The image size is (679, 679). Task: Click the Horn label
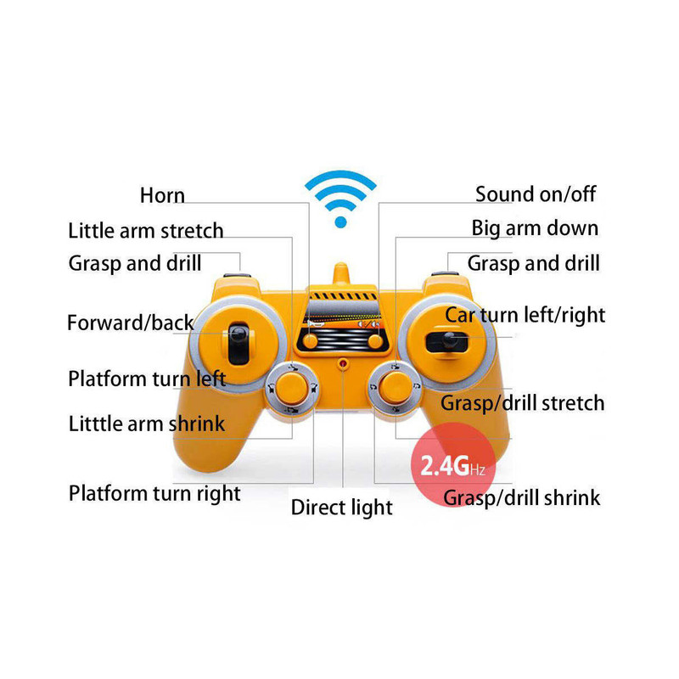[x=162, y=196]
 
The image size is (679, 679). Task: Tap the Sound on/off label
[x=536, y=194]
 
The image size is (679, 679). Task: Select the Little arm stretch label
[x=146, y=231]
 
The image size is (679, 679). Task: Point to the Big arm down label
[x=535, y=228]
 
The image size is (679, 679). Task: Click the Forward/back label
[x=131, y=323]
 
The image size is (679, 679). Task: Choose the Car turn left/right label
[x=525, y=316]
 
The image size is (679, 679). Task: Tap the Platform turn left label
[x=147, y=379]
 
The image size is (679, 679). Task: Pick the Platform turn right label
[x=154, y=493]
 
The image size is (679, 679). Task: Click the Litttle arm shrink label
[x=147, y=423]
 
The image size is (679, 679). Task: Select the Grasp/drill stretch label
[x=522, y=402]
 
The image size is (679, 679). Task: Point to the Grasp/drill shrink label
[x=522, y=497]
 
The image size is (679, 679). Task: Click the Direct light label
[x=342, y=508]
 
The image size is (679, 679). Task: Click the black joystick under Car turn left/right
[x=445, y=341]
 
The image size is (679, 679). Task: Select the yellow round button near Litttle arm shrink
[x=293, y=390]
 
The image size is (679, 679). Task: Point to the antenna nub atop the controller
[x=341, y=272]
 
